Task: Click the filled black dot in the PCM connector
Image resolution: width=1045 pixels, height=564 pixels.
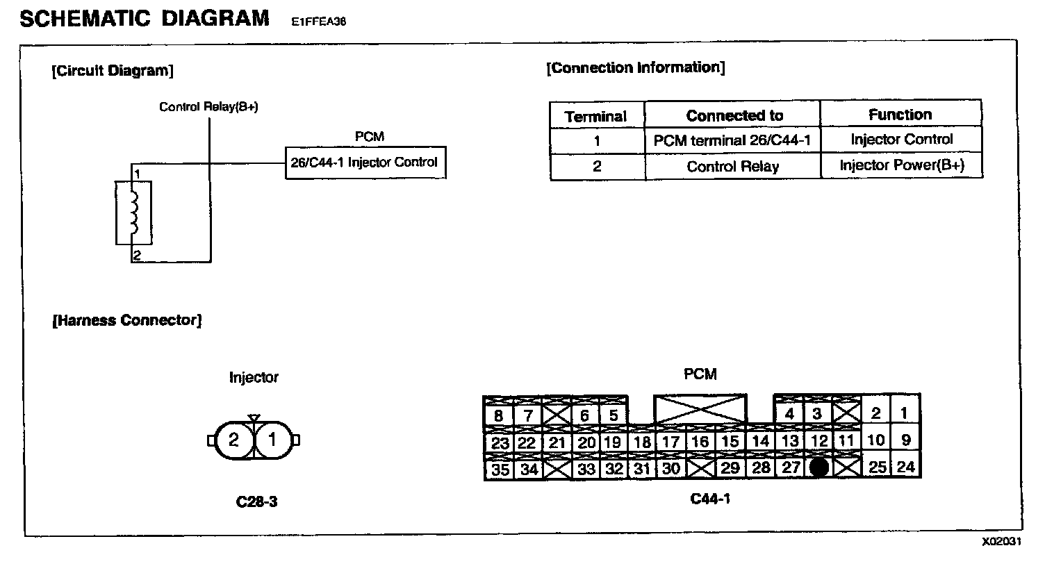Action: coord(820,467)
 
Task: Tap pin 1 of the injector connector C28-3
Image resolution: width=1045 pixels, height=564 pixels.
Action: coord(272,440)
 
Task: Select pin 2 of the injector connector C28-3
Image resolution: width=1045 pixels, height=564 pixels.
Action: coord(234,440)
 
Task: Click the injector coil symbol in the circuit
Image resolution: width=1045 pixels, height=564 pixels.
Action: coord(134,212)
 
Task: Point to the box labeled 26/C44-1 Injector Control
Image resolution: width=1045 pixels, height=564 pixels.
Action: coord(365,163)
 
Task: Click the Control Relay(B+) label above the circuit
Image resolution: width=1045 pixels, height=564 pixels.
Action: coord(208,107)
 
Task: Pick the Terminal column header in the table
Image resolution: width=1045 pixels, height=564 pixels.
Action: coord(596,116)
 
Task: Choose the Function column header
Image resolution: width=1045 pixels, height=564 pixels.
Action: coord(900,115)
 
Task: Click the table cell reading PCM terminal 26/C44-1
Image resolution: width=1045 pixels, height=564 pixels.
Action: coord(732,141)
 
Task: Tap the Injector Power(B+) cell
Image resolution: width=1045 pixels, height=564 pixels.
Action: coord(901,166)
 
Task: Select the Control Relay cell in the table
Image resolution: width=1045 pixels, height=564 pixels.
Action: coord(732,167)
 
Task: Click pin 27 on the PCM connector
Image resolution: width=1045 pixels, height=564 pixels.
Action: coord(791,467)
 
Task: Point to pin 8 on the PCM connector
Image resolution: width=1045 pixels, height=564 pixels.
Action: coord(498,416)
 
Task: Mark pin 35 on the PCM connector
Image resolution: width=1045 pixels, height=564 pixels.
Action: coord(500,469)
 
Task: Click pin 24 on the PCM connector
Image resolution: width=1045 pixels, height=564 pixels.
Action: coord(905,467)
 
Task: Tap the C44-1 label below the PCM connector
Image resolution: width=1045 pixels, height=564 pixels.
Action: coord(709,499)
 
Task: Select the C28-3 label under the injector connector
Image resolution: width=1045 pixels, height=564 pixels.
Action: coord(257,500)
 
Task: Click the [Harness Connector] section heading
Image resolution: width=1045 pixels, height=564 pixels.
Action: coord(126,321)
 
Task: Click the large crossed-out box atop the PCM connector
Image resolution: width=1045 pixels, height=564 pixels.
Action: coord(700,410)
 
